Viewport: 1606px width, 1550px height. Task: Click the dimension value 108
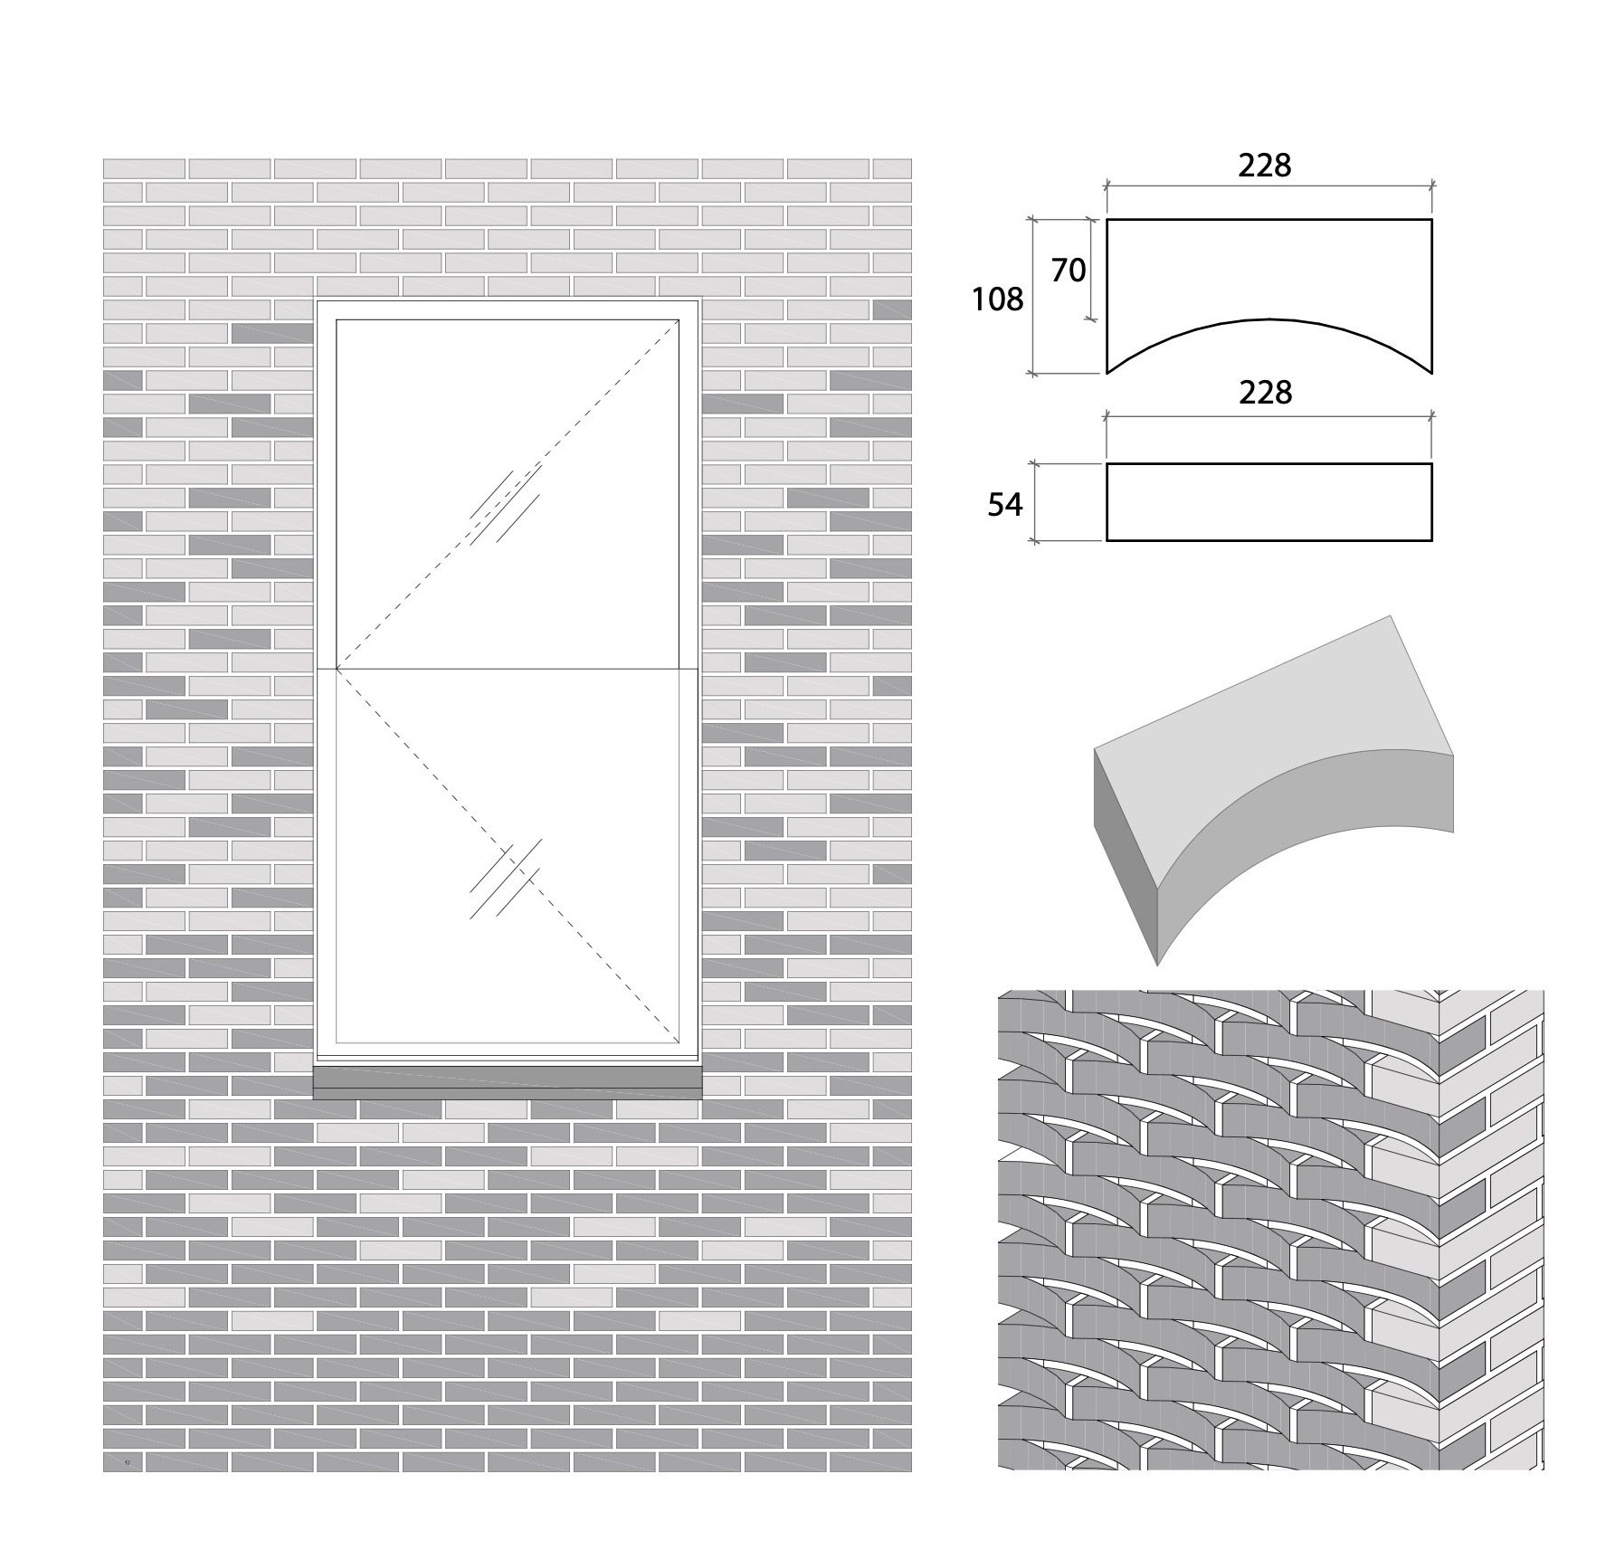tap(997, 299)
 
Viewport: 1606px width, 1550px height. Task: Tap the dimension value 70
tap(1068, 270)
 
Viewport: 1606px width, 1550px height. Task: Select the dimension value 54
tap(1004, 504)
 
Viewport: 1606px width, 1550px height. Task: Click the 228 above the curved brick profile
tap(1265, 165)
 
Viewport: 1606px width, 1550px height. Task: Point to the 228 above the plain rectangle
tap(1265, 392)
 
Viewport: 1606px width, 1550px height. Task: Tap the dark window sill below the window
tap(507, 1082)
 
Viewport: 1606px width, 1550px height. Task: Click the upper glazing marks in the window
tap(505, 505)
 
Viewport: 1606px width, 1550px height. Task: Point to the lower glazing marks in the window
tap(505, 878)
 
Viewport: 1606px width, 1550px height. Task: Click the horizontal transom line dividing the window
tap(508, 669)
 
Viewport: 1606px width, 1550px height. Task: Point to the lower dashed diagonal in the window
tap(508, 855)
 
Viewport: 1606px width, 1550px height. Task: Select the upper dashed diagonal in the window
tap(508, 494)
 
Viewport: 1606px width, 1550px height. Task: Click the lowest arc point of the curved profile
tap(1269, 319)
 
